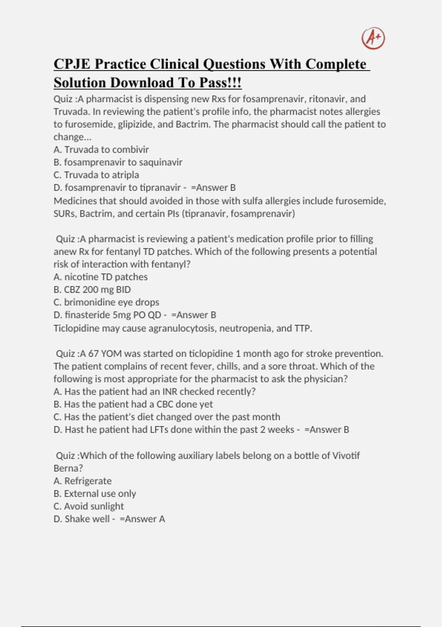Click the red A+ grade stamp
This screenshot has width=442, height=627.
coord(373,38)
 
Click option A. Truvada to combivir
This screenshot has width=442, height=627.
coord(101,149)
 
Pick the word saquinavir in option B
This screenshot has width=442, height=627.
coord(161,162)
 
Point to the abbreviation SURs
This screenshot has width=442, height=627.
coord(64,214)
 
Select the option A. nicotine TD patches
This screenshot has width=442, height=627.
coord(101,277)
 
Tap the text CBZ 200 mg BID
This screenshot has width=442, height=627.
coord(97,290)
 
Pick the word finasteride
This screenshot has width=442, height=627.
coord(87,315)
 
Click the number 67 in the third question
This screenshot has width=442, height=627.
coord(94,354)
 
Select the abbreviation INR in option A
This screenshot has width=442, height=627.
coord(170,392)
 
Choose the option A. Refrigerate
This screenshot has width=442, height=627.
coord(83,481)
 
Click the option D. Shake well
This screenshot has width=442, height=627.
coord(82,519)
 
